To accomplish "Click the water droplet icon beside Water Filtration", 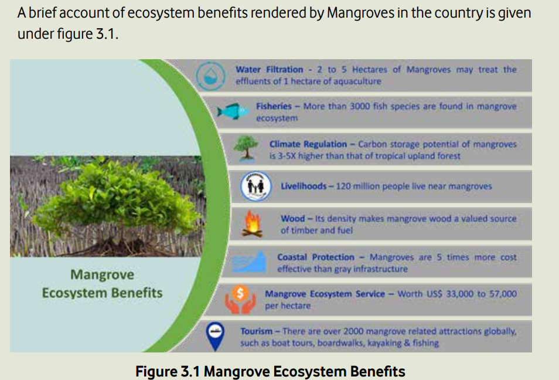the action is [210, 76].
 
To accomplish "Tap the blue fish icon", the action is [233, 111].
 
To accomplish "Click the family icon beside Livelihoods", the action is [255, 186].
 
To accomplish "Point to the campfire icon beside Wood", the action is [252, 224].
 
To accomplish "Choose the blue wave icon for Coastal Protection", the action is [249, 262].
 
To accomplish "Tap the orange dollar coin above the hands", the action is [240, 293].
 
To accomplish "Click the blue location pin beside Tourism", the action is [215, 336].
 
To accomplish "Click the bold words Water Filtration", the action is [269, 70].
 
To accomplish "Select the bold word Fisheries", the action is [274, 106].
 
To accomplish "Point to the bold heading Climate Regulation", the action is [308, 144].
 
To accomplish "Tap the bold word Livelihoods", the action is [304, 186].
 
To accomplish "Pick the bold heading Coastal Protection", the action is [316, 257].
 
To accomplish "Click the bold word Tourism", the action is [256, 331].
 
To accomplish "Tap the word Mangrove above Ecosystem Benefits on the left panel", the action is [103, 275].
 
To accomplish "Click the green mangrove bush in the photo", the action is [118, 200].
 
